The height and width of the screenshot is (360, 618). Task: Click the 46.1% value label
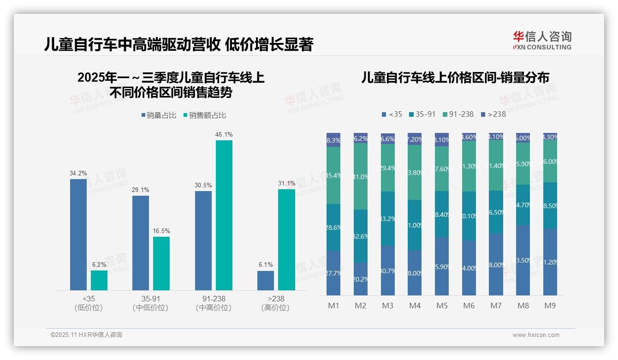(224, 134)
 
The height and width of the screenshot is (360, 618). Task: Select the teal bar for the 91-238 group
(224, 215)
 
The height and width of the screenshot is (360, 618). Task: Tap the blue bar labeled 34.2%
(78, 234)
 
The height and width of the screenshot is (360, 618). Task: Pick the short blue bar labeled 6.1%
(266, 281)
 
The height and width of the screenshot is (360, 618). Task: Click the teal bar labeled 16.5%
(161, 264)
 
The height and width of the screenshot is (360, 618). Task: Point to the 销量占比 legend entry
(159, 115)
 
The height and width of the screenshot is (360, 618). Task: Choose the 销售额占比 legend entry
(205, 115)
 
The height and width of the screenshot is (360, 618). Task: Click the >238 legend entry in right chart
(493, 114)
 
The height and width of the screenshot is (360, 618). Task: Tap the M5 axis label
(442, 306)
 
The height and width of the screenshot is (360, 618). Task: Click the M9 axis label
(550, 306)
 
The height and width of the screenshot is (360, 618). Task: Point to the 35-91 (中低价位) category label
(150, 303)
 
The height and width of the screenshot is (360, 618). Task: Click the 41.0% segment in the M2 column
(361, 176)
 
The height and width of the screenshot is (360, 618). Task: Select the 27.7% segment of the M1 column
(333, 273)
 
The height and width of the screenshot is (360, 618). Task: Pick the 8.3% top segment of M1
(333, 140)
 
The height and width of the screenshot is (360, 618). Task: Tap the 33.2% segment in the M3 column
(388, 218)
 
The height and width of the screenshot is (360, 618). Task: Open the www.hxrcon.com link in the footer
(536, 335)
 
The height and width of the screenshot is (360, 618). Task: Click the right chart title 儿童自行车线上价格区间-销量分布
(455, 78)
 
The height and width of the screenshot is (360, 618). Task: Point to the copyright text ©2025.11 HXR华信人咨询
(86, 335)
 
